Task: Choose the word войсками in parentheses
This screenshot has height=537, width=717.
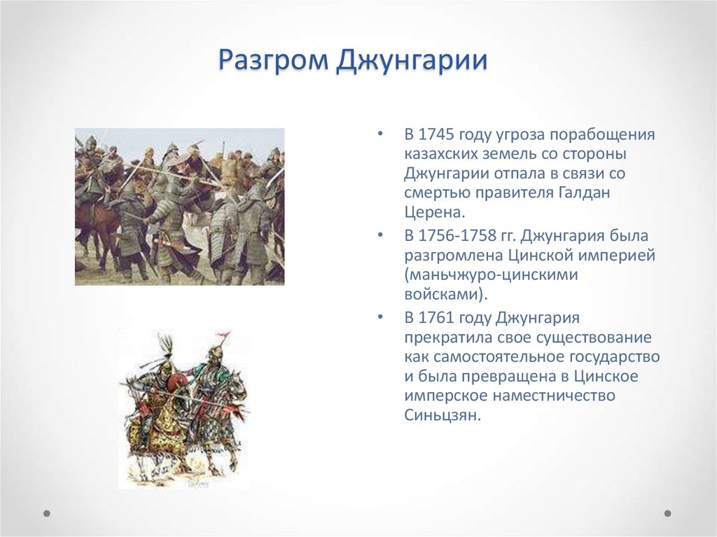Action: pyautogui.click(x=441, y=294)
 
